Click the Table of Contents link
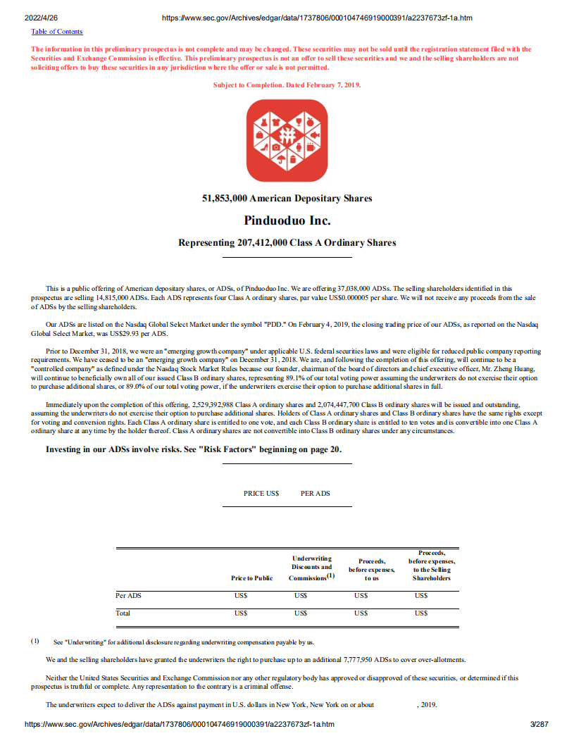(x=56, y=32)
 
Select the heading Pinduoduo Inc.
(x=287, y=220)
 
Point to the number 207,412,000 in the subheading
(x=262, y=243)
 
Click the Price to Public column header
(x=251, y=578)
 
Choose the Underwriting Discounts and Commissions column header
(x=311, y=568)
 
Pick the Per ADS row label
(x=128, y=596)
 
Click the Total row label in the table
(x=123, y=613)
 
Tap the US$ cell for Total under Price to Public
(x=241, y=613)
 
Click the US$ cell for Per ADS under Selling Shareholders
(x=421, y=596)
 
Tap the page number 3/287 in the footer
(x=539, y=724)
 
